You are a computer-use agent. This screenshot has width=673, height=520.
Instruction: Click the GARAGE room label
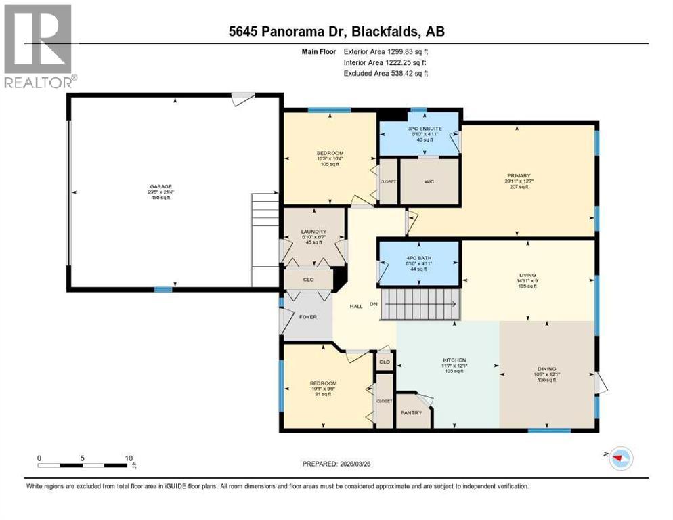pos(160,186)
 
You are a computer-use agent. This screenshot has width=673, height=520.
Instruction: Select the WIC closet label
pos(429,181)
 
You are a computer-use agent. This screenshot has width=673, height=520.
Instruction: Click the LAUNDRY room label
pos(313,231)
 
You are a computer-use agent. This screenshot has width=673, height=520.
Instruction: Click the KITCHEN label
pos(454,360)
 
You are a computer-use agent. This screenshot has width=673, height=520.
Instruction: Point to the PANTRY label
pos(411,413)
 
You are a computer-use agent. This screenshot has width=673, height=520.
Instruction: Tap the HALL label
pos(356,306)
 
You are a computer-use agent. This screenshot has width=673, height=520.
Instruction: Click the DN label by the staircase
pos(373,305)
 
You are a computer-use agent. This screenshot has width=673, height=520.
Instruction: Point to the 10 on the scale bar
pos(129,458)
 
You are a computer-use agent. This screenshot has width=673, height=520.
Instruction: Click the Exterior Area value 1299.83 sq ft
pos(400,51)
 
